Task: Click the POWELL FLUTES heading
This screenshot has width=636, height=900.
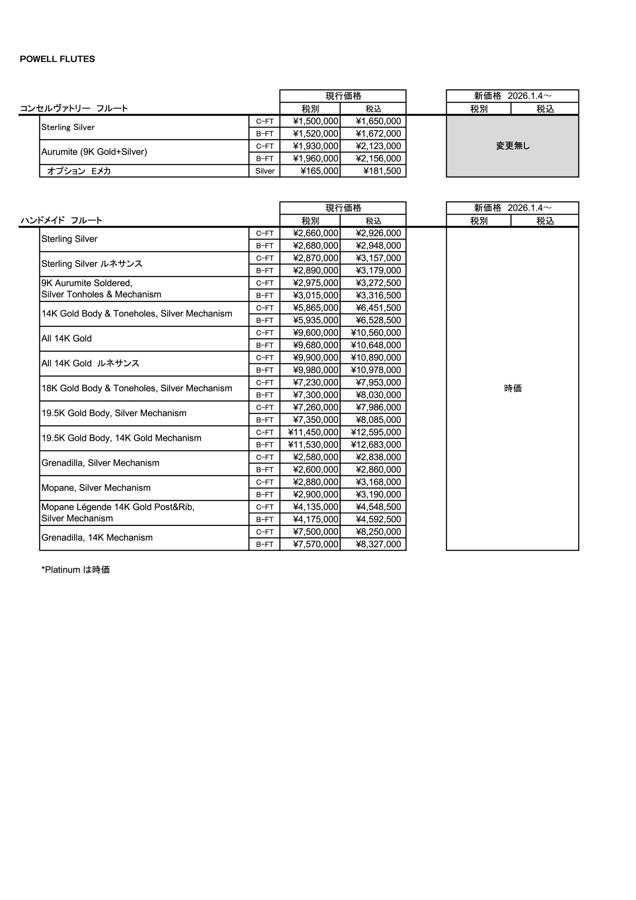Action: click(x=57, y=59)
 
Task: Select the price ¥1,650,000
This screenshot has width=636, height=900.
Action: click(x=378, y=121)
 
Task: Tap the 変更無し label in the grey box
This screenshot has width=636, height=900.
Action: click(x=513, y=146)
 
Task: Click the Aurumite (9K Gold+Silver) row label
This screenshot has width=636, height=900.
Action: click(x=94, y=152)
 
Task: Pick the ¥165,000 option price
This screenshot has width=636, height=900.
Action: click(x=319, y=171)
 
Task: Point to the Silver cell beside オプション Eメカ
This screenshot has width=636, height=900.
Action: click(x=265, y=171)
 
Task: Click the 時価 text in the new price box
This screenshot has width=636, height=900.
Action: click(x=513, y=388)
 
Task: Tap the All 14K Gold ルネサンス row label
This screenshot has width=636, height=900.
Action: click(x=91, y=364)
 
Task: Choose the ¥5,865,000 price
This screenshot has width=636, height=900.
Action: click(x=315, y=308)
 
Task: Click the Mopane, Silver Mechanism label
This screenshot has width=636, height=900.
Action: click(x=96, y=488)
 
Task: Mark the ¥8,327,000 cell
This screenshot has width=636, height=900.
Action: click(x=378, y=544)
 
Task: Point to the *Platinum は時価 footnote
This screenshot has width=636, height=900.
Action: click(x=76, y=570)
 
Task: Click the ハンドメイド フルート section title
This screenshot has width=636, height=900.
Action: click(x=61, y=220)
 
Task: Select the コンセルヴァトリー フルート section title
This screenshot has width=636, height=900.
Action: click(x=74, y=108)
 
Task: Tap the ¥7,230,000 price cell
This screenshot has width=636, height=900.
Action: click(x=315, y=382)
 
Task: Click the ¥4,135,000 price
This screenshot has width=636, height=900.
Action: click(x=315, y=507)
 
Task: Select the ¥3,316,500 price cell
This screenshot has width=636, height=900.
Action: click(x=378, y=295)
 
